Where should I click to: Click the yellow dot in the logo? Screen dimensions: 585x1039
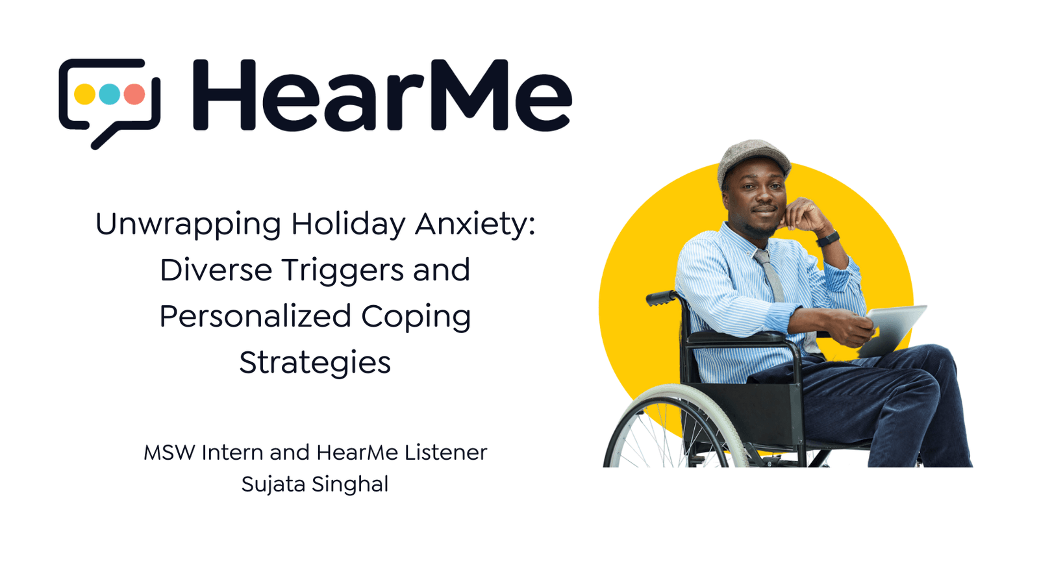click(84, 94)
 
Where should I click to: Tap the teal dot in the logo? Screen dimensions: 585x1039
click(109, 94)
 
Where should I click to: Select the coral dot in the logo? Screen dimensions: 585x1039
click(134, 94)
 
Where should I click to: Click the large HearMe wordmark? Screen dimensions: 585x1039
click(382, 95)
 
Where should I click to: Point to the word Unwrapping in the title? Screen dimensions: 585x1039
click(188, 225)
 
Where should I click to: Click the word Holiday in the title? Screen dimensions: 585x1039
click(348, 224)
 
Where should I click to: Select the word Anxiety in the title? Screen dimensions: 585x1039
click(475, 225)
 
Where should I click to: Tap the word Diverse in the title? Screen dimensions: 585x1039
click(216, 270)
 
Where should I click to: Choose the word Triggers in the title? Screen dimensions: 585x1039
click(343, 271)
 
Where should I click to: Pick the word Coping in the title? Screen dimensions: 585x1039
click(416, 317)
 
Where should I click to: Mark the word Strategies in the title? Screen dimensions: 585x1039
click(315, 363)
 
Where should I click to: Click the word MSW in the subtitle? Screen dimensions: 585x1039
click(169, 453)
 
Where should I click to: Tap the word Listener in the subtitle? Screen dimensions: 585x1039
click(445, 453)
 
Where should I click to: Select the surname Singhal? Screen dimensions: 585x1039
click(350, 484)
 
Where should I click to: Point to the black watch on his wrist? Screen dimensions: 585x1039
click(827, 239)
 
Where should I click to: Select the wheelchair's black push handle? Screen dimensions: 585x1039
click(661, 298)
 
